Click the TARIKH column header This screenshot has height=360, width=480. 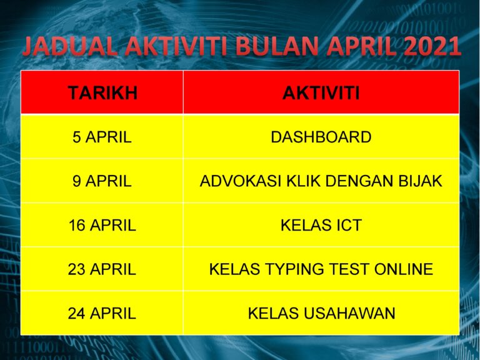click(x=102, y=93)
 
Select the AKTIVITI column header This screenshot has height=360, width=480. click(x=321, y=93)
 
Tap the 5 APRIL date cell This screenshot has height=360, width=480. click(x=102, y=137)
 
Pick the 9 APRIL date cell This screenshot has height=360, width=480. click(x=102, y=181)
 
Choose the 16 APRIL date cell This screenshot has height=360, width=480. click(x=102, y=226)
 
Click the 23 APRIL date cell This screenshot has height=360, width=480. click(x=102, y=269)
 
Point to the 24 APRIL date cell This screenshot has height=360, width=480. click(x=102, y=313)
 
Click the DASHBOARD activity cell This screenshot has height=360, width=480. click(x=321, y=137)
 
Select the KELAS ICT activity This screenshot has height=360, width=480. click(x=321, y=226)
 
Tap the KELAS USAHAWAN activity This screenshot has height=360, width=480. click(x=321, y=313)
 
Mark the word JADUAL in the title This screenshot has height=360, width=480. click(x=64, y=47)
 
